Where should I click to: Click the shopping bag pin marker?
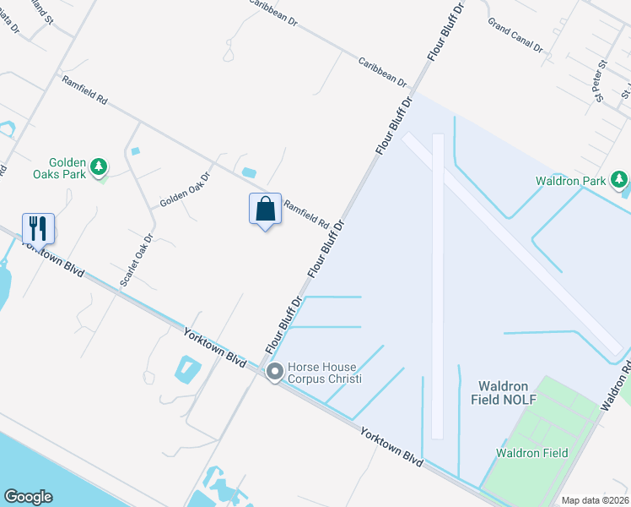(265, 210)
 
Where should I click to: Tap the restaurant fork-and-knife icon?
(38, 227)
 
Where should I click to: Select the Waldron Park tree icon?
(619, 179)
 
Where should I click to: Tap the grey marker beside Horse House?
(274, 372)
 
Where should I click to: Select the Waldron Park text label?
(571, 181)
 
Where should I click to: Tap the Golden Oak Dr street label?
(185, 191)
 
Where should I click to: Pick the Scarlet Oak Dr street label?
(137, 259)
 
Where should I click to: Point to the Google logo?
(28, 497)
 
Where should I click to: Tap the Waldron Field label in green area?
(531, 453)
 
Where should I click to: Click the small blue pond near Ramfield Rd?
(249, 172)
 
